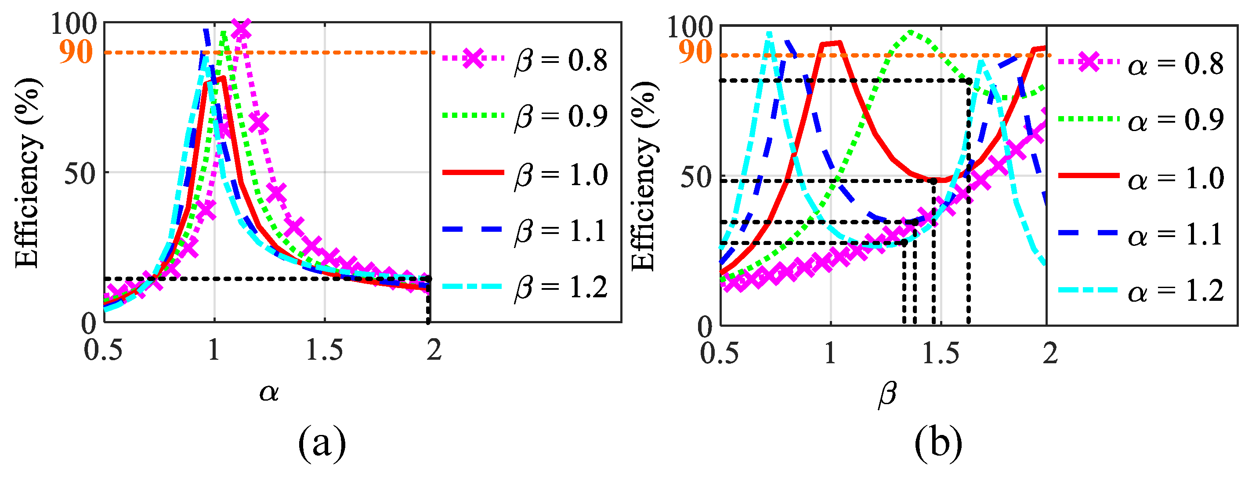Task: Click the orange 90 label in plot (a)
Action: point(76,52)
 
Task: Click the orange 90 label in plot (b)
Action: point(695,52)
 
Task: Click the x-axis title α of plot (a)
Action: point(269,392)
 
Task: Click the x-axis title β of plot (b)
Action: point(887,394)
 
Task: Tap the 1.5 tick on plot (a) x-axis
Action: point(324,351)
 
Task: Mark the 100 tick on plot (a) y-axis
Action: point(74,24)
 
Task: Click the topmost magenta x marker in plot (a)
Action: point(241,29)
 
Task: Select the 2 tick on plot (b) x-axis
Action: point(1050,354)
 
